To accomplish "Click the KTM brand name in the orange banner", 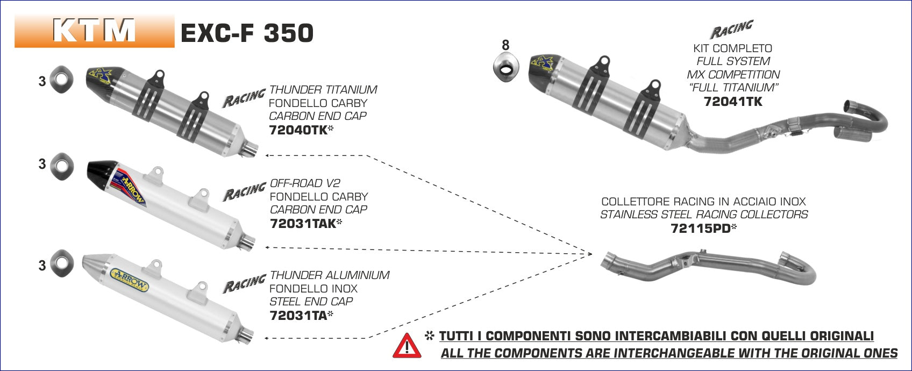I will [95, 31].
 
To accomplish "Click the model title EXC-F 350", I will [247, 33].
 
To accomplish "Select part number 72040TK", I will [298, 130].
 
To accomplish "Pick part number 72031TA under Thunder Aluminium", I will [298, 315].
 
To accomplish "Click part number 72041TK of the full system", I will [733, 101].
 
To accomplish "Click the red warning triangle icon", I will [407, 346].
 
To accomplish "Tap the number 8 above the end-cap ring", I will [505, 46].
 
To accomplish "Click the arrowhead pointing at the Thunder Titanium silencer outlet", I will [267, 155].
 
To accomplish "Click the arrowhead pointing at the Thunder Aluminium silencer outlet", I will [267, 339].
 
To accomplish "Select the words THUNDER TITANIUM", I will [323, 90].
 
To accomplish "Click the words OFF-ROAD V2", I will [305, 183].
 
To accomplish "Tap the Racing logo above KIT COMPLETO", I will [731, 30].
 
